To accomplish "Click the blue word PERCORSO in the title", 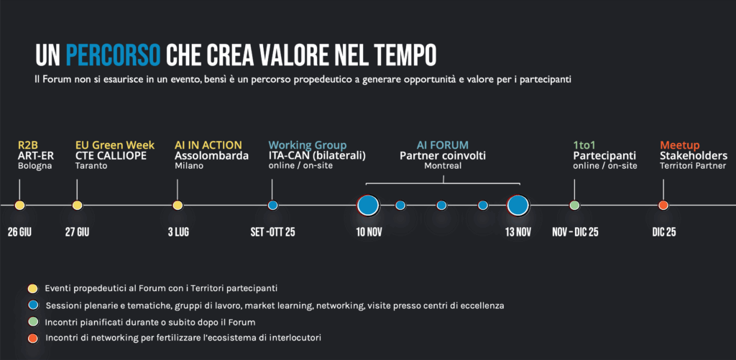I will click(x=113, y=55).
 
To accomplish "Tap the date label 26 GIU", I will click(x=19, y=232).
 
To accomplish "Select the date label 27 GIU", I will click(x=77, y=232).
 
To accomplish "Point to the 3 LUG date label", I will click(x=178, y=232).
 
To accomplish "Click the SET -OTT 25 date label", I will click(x=272, y=232).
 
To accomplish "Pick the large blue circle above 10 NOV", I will click(x=368, y=206).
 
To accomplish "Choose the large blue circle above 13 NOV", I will click(x=518, y=206).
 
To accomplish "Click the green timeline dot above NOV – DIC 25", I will click(x=574, y=206).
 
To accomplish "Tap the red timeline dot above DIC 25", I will click(x=663, y=206).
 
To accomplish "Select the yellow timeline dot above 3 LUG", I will click(x=178, y=206).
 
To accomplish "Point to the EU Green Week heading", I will click(x=115, y=145).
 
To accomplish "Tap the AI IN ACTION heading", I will click(x=208, y=145).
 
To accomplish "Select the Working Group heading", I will click(x=308, y=145).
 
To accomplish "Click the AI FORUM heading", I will click(x=443, y=145).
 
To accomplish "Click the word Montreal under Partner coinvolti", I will click(x=443, y=166).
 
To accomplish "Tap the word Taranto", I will click(x=91, y=166).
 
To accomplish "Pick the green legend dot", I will click(x=32, y=321).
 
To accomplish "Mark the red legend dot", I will click(x=32, y=338).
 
